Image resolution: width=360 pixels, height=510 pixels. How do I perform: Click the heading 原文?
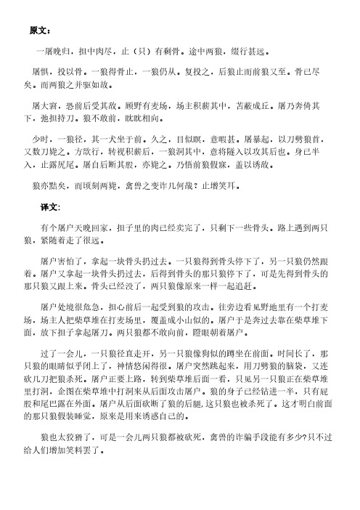[x=38, y=32]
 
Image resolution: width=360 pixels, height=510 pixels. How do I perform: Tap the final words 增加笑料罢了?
[x=81, y=429]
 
